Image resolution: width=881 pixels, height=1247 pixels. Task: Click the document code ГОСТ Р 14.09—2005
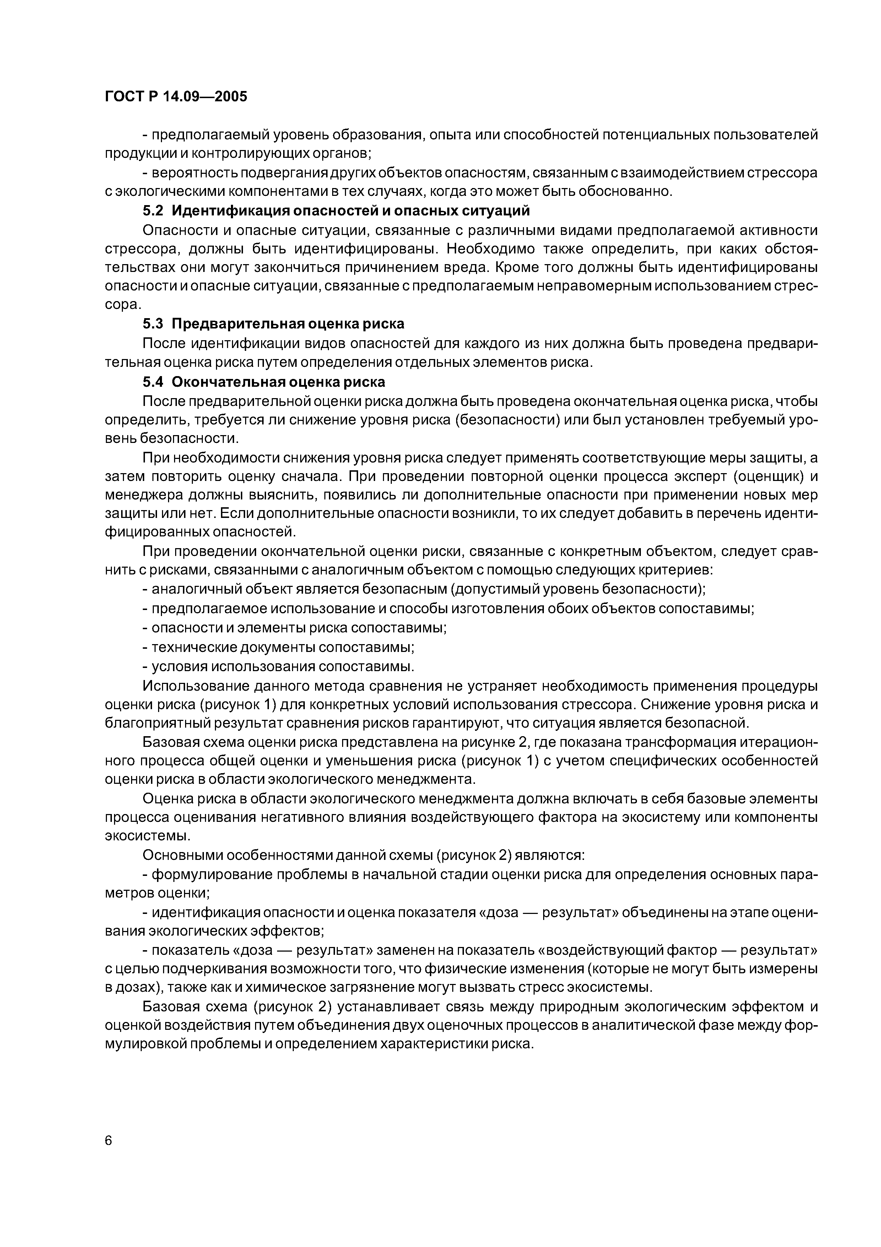click(x=175, y=97)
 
